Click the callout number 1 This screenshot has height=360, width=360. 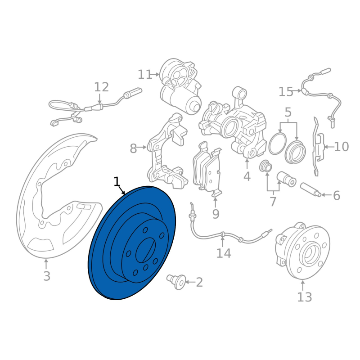117,181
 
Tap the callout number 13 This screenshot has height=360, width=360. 305,297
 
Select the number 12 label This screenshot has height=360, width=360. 102,87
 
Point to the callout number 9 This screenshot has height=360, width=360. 216,214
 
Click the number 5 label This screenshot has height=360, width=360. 288,112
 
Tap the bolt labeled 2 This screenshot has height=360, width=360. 176,281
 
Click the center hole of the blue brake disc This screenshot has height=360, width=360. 145,250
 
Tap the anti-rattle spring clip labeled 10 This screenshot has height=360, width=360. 318,146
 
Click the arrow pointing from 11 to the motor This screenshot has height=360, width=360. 154,74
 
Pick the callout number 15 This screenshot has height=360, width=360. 286,92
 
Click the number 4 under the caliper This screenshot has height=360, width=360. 247,176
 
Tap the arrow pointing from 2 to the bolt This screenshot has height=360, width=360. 190,282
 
